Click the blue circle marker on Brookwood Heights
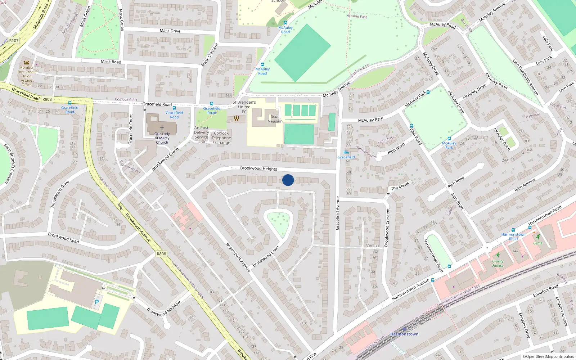click(x=288, y=180)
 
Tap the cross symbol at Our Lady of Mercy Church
click(x=162, y=128)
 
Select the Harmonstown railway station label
click(x=404, y=334)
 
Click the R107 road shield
click(x=14, y=41)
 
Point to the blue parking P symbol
click(x=96, y=302)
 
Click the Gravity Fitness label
click(x=498, y=264)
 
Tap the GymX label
click(x=538, y=243)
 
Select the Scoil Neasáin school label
click(x=275, y=119)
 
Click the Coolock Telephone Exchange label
click(x=221, y=138)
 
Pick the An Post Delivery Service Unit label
click(x=201, y=135)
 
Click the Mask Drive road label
click(x=170, y=31)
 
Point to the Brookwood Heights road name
click(x=258, y=168)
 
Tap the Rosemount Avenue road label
click(x=238, y=257)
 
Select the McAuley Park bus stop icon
click(x=449, y=139)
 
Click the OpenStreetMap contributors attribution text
click(x=548, y=357)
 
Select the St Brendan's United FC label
click(x=244, y=107)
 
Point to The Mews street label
click(x=400, y=186)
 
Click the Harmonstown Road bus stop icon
click(x=513, y=230)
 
